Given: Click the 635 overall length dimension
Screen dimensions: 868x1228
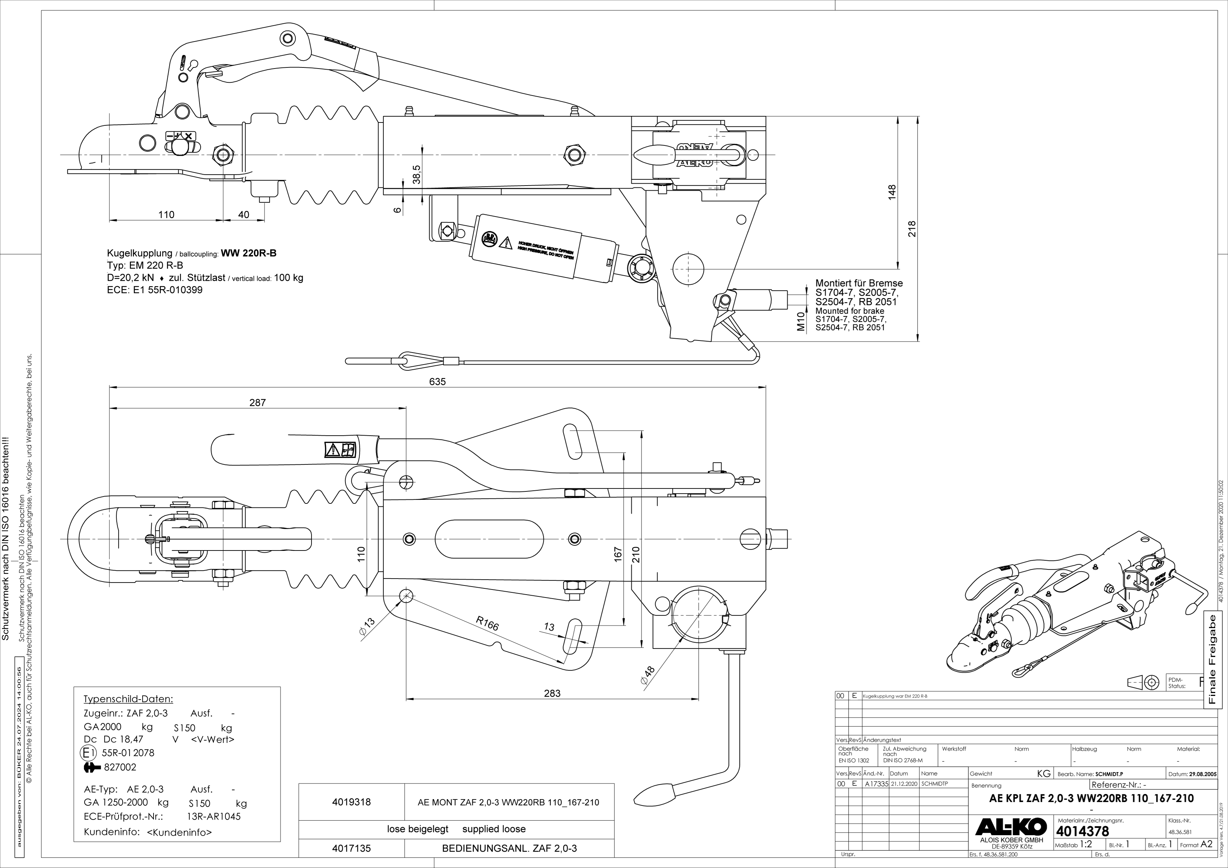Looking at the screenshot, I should point(437,382).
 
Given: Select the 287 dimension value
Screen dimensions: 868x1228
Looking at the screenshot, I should point(257,402).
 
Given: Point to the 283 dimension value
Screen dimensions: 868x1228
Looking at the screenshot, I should point(552,693).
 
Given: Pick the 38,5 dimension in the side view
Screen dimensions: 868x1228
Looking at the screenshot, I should point(417,175).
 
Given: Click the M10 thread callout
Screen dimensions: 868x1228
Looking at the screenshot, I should point(801,321).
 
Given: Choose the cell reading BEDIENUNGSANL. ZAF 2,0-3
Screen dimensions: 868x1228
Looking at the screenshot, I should point(509,848).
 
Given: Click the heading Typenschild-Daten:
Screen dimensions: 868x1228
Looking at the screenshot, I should point(128,699).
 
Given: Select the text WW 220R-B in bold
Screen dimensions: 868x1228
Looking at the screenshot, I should point(249,253).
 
